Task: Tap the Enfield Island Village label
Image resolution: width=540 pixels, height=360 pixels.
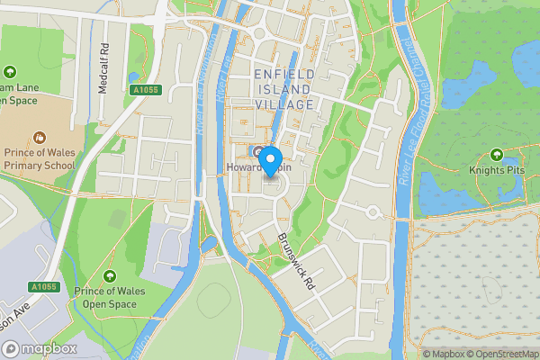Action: [283, 89]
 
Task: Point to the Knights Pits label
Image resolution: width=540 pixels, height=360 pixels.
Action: [498, 168]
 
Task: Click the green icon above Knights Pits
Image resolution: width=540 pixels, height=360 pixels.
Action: [498, 152]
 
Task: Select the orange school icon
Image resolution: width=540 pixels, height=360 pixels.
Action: [39, 138]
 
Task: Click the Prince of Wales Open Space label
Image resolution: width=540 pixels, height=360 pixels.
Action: [110, 298]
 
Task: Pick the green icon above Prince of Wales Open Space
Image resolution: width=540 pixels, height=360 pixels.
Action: [110, 276]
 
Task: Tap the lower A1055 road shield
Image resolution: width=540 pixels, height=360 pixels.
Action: [43, 287]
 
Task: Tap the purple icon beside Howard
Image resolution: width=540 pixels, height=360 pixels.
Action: [258, 150]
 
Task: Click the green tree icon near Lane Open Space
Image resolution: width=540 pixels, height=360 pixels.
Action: [10, 71]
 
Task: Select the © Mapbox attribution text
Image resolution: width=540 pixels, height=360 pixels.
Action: [442, 354]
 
